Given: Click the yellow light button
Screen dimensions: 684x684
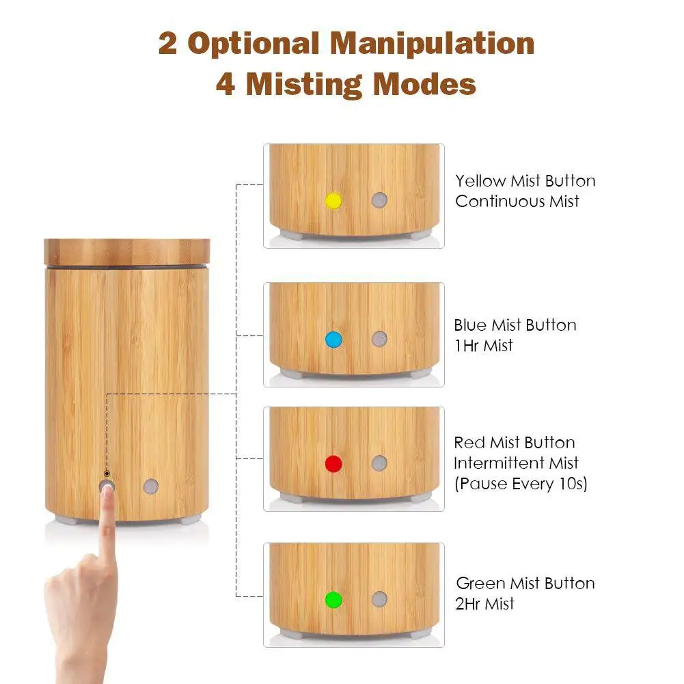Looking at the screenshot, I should coord(333,200).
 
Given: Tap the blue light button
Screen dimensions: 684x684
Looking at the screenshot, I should coord(333,339).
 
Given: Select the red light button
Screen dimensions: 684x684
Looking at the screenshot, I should coord(333,464).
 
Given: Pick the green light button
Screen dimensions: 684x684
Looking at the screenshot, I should coord(333,600).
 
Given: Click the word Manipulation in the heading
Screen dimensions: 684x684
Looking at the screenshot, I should coord(432,44).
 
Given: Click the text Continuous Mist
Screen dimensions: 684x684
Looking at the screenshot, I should coord(517,202).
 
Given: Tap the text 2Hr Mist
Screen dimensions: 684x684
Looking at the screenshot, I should coord(485,604).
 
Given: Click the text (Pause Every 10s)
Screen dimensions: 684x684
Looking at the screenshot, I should coord(520,484).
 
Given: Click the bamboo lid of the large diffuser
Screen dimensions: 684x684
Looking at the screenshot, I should coord(127,252).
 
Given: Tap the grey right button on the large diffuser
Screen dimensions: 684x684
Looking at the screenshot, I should coord(150,487).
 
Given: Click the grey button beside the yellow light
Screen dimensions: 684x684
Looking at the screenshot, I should coord(379,200).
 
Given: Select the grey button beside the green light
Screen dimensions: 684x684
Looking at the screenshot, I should coord(379,599).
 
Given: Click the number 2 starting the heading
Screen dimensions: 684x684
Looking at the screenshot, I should coord(167,44).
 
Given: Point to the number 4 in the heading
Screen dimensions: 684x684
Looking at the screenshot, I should coord(226,85).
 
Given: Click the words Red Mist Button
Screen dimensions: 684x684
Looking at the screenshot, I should coord(515,443).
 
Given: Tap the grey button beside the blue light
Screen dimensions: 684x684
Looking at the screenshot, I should coord(379,339).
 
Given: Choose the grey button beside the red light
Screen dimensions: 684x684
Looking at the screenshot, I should coord(379,463).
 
